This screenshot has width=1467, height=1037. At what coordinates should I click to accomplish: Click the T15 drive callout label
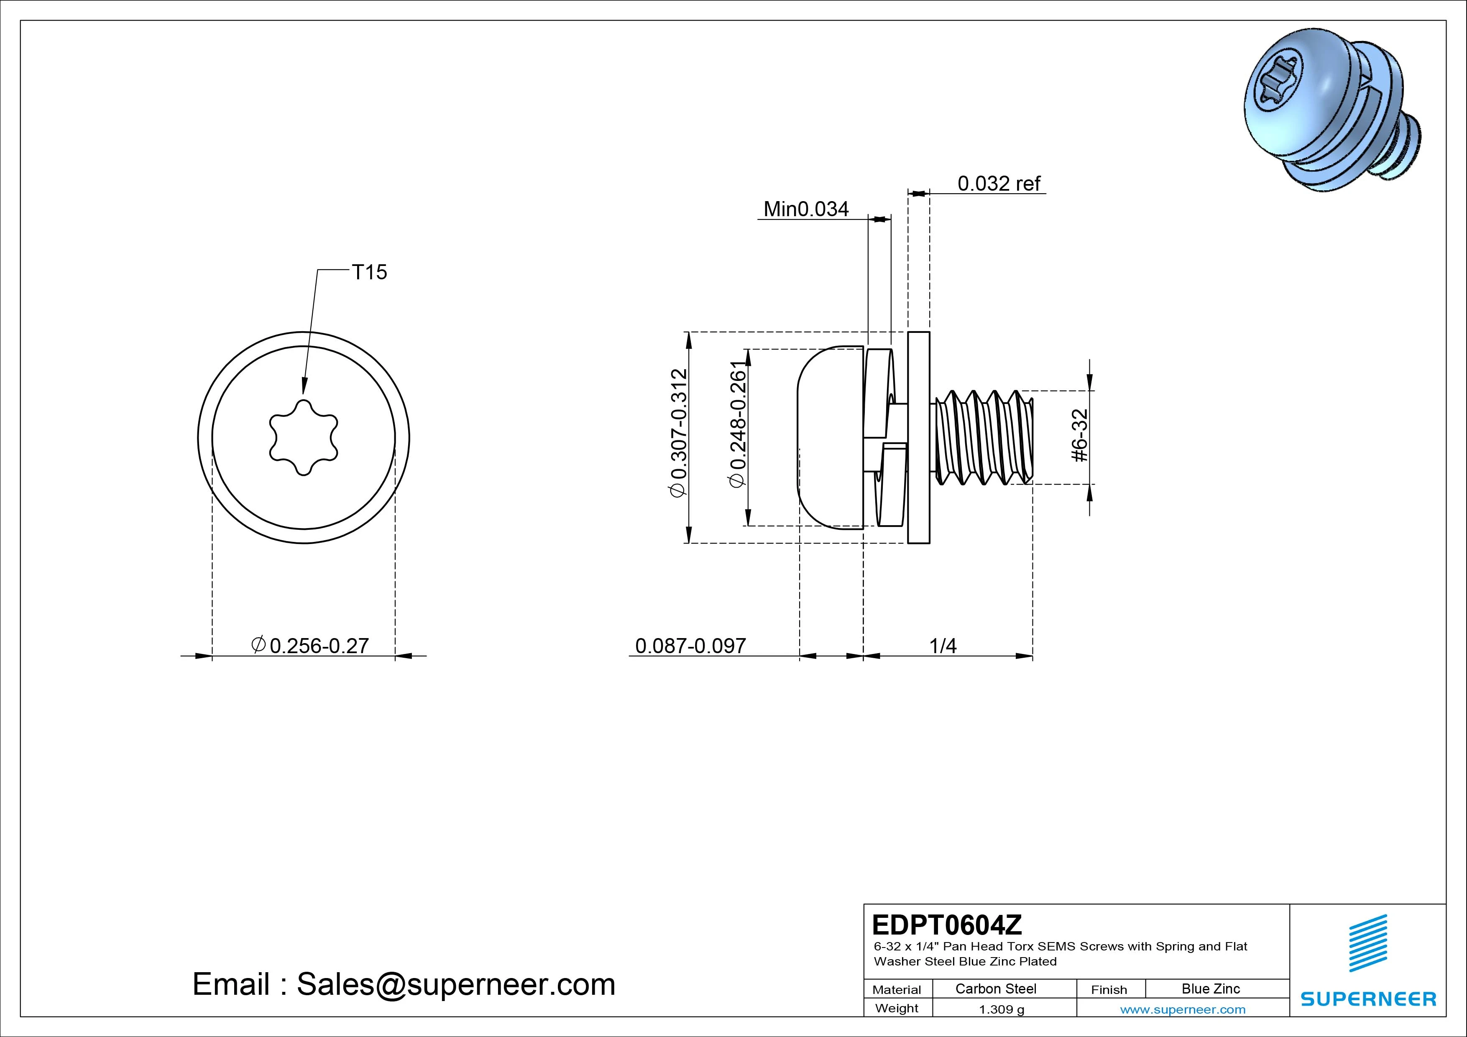point(369,272)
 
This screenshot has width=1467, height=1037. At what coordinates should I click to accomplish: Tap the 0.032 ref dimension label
point(999,184)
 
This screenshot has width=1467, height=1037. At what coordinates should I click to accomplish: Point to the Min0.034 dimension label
point(806,209)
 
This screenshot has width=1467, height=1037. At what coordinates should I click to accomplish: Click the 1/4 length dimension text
point(943,646)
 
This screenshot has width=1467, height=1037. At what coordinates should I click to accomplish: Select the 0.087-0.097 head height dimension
point(690,646)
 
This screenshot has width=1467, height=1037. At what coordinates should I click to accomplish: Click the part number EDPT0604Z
point(946,925)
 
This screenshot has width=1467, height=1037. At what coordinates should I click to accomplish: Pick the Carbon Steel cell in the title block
point(995,989)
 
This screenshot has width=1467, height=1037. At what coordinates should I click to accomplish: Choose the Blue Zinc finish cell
point(1211,989)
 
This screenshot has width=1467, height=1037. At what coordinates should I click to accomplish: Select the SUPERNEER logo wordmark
point(1368,999)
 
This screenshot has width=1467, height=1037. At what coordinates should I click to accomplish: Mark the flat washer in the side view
point(919,438)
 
